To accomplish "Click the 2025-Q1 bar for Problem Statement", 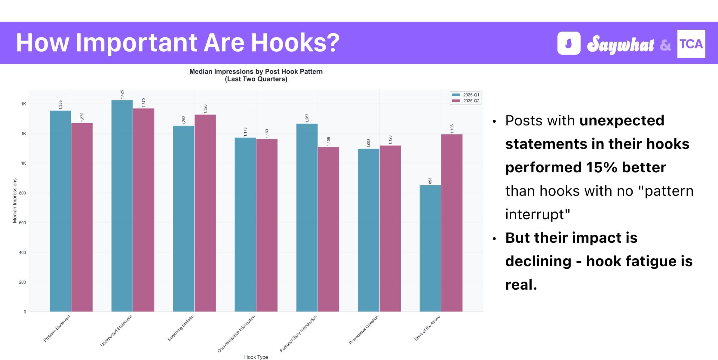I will pos(60,211).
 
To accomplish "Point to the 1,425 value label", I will pos(122,94).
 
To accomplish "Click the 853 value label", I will pos(430,181).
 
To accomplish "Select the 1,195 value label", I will pos(452,129).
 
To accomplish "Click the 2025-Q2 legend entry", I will pos(466,101).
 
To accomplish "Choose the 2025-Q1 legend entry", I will pos(466,95).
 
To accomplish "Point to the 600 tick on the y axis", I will pos(23,223).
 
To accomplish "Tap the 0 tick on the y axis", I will pos(25,312).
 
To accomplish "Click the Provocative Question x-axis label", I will pos(364,330).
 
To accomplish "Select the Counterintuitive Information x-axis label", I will pos(237,334).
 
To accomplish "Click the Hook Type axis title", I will pos(256,357).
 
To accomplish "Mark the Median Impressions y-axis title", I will pos(14,201).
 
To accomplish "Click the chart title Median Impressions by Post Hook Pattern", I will pos(256,72).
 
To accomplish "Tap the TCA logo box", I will pos(691,44).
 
